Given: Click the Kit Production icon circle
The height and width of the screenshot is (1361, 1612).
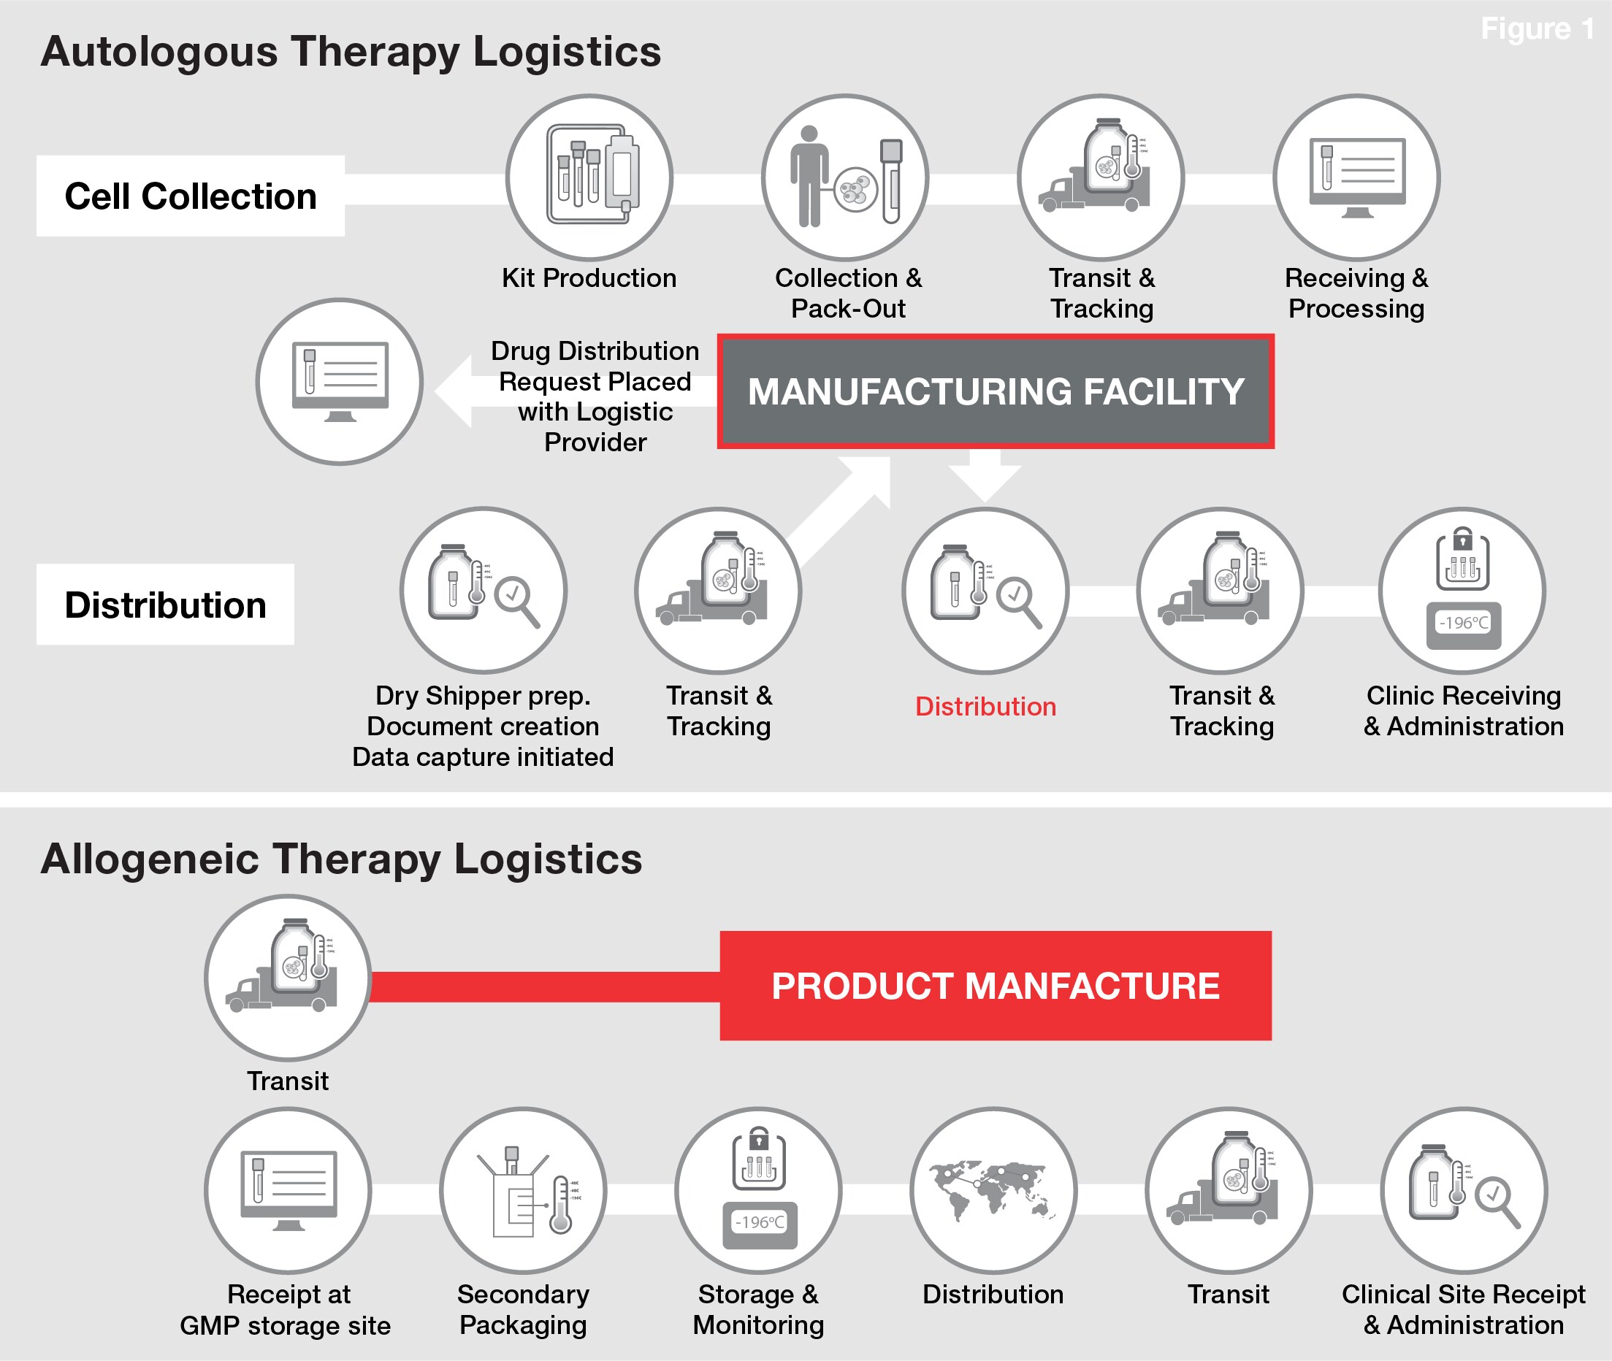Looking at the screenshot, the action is tap(589, 178).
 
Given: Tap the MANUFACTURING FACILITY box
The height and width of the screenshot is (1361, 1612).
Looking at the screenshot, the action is tap(996, 391).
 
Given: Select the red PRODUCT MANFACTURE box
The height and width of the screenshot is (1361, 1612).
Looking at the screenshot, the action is tap(996, 985).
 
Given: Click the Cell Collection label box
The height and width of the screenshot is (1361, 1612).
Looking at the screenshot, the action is tap(191, 196).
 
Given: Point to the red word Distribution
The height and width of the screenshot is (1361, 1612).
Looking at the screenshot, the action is tap(985, 707).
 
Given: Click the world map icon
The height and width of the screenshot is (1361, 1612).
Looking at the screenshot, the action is tap(993, 1190).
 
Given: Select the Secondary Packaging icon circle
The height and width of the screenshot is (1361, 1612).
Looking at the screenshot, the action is tap(523, 1190).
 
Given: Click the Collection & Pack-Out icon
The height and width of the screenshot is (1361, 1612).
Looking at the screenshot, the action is tap(845, 178).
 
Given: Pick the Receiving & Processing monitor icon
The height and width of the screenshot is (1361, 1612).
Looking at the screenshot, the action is tap(1356, 178).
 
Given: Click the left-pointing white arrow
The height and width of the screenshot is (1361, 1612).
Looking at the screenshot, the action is tap(576, 391).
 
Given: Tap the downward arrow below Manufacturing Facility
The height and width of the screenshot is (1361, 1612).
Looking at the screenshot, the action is tap(985, 475).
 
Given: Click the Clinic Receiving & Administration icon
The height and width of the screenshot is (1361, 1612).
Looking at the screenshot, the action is tap(1462, 591).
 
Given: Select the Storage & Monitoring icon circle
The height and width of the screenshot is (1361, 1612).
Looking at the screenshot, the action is tap(759, 1190).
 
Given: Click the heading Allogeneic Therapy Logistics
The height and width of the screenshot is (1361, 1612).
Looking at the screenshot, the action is tap(341, 859).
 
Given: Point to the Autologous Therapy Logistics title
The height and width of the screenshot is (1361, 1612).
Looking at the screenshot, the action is tap(351, 52).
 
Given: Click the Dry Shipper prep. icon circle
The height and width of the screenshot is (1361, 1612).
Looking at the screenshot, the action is tap(484, 591).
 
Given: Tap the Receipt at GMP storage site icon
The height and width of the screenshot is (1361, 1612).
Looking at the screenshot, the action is tap(288, 1190).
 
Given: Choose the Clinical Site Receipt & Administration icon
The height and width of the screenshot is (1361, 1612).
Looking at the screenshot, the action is tap(1464, 1190).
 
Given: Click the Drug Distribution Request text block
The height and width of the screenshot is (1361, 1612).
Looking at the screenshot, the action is tap(595, 396).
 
